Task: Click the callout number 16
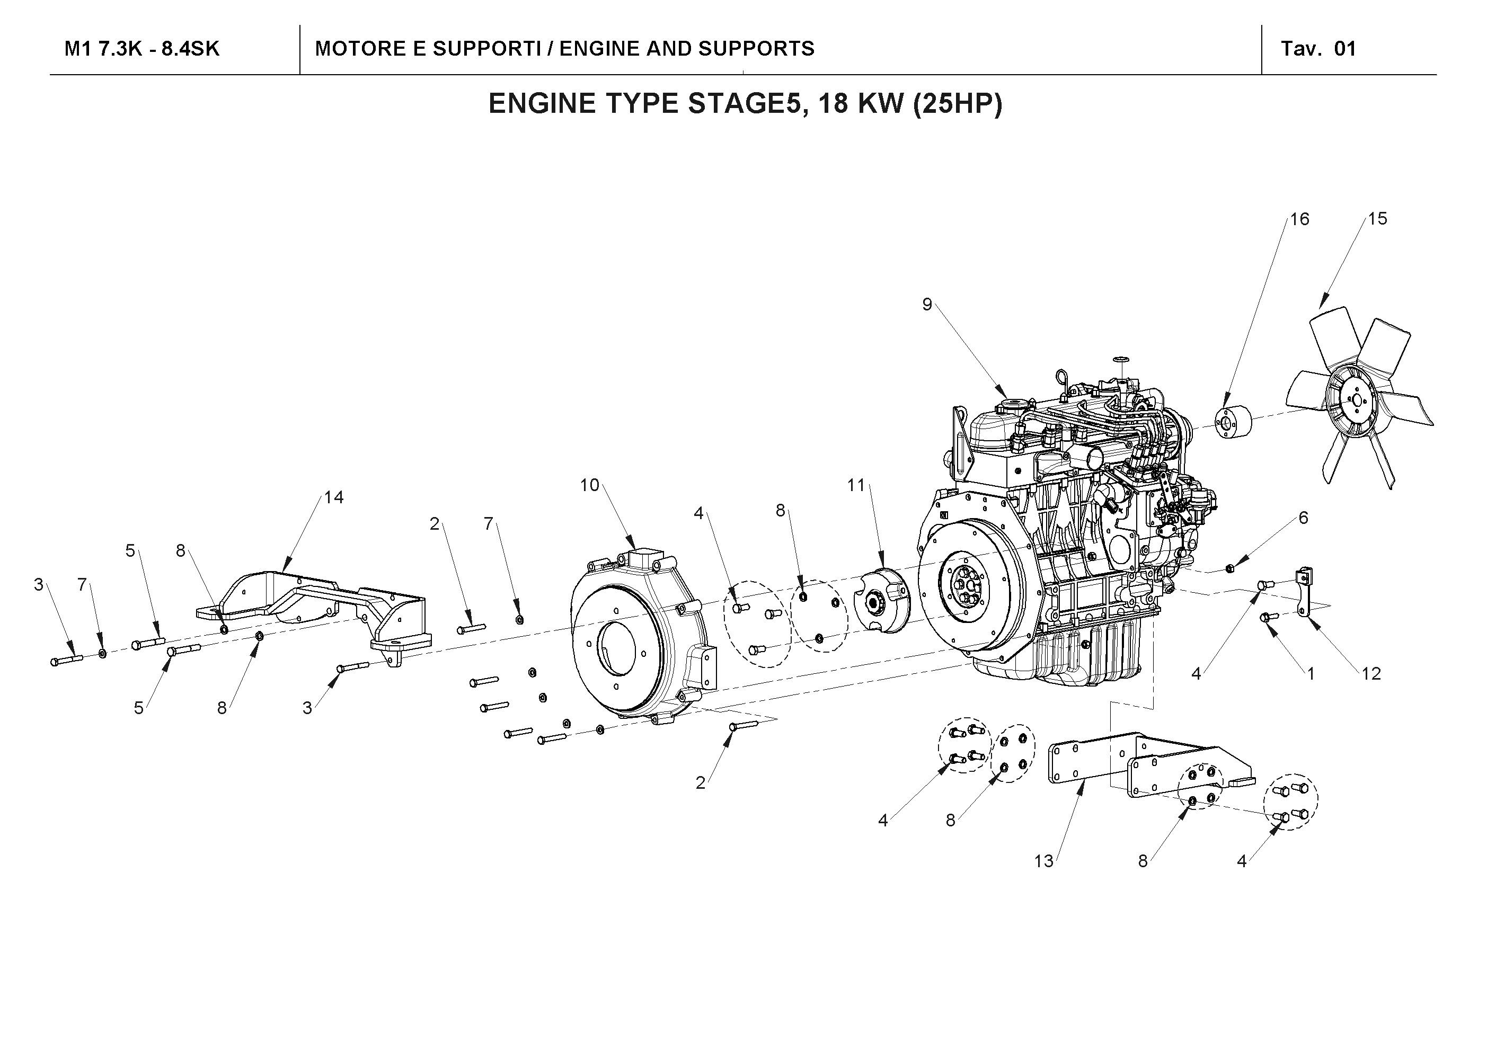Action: [x=1299, y=219]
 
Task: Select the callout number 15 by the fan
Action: [x=1377, y=219]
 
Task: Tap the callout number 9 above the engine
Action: [x=927, y=305]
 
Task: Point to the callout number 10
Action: [x=589, y=485]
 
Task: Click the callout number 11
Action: [x=856, y=485]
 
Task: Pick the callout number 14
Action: [x=333, y=497]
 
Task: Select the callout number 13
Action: [x=1043, y=861]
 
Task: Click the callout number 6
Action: [x=1303, y=518]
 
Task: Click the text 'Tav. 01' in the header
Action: [x=1318, y=49]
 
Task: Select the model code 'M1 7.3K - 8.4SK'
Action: [x=142, y=49]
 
